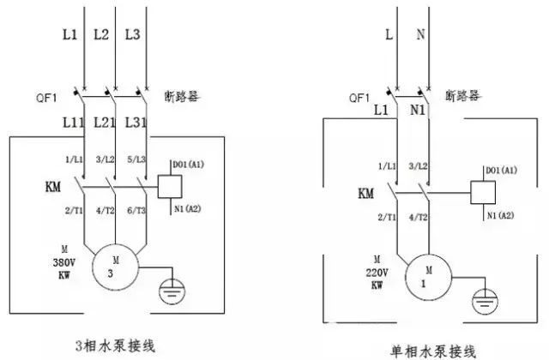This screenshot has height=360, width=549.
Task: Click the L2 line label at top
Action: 101,35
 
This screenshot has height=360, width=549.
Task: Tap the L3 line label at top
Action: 132,35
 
